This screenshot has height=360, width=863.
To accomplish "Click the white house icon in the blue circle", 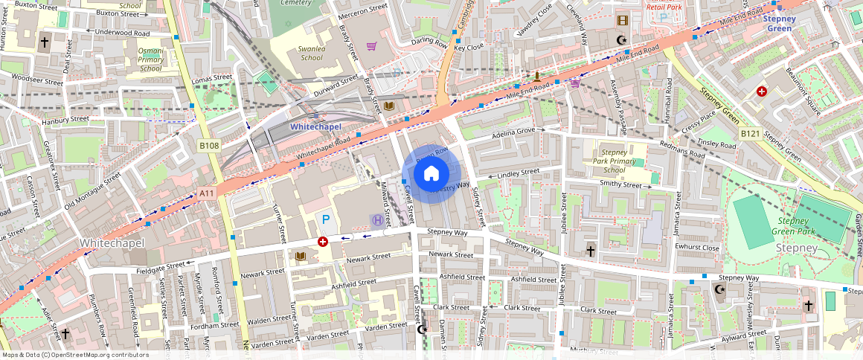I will pyautogui.click(x=431, y=174).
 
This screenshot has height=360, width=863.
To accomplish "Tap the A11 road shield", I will pyautogui.click(x=207, y=193).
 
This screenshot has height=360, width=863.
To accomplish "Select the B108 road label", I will pyautogui.click(x=210, y=146).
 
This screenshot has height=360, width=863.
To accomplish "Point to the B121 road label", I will pyautogui.click(x=749, y=134).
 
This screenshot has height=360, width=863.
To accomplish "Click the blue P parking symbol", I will pyautogui.click(x=324, y=220).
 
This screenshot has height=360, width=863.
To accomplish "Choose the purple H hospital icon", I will pyautogui.click(x=378, y=220).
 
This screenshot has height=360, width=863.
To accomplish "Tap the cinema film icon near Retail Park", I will pyautogui.click(x=622, y=21).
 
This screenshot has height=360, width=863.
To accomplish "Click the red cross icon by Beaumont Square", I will pyautogui.click(x=762, y=91).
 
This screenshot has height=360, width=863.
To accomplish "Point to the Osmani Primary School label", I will pyautogui.click(x=150, y=60).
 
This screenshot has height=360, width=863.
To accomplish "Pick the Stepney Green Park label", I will pyautogui.click(x=798, y=226).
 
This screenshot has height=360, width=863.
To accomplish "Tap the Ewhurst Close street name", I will pyautogui.click(x=696, y=247).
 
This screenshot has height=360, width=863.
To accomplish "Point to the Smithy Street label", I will pyautogui.click(x=620, y=184).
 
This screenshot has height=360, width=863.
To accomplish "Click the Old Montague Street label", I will pyautogui.click(x=92, y=190).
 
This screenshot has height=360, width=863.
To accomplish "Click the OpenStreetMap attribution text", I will pyautogui.click(x=74, y=355).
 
